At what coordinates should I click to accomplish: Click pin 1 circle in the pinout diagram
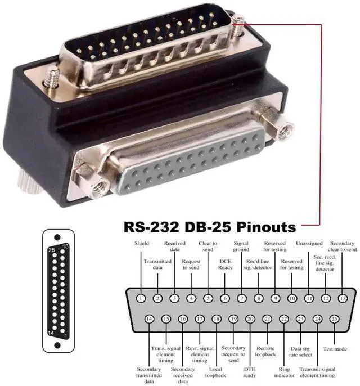(141, 298)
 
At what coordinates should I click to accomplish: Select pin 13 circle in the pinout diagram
(343, 298)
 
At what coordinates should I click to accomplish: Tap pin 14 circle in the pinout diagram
(149, 319)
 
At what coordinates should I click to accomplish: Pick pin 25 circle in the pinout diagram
(334, 319)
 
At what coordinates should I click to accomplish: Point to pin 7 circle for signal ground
(242, 298)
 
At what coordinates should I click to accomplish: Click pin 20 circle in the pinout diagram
(250, 319)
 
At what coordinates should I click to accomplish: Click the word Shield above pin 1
(142, 243)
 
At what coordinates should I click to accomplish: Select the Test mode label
(335, 349)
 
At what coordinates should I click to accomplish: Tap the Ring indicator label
(284, 372)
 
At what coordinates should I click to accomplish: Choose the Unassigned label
(309, 243)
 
